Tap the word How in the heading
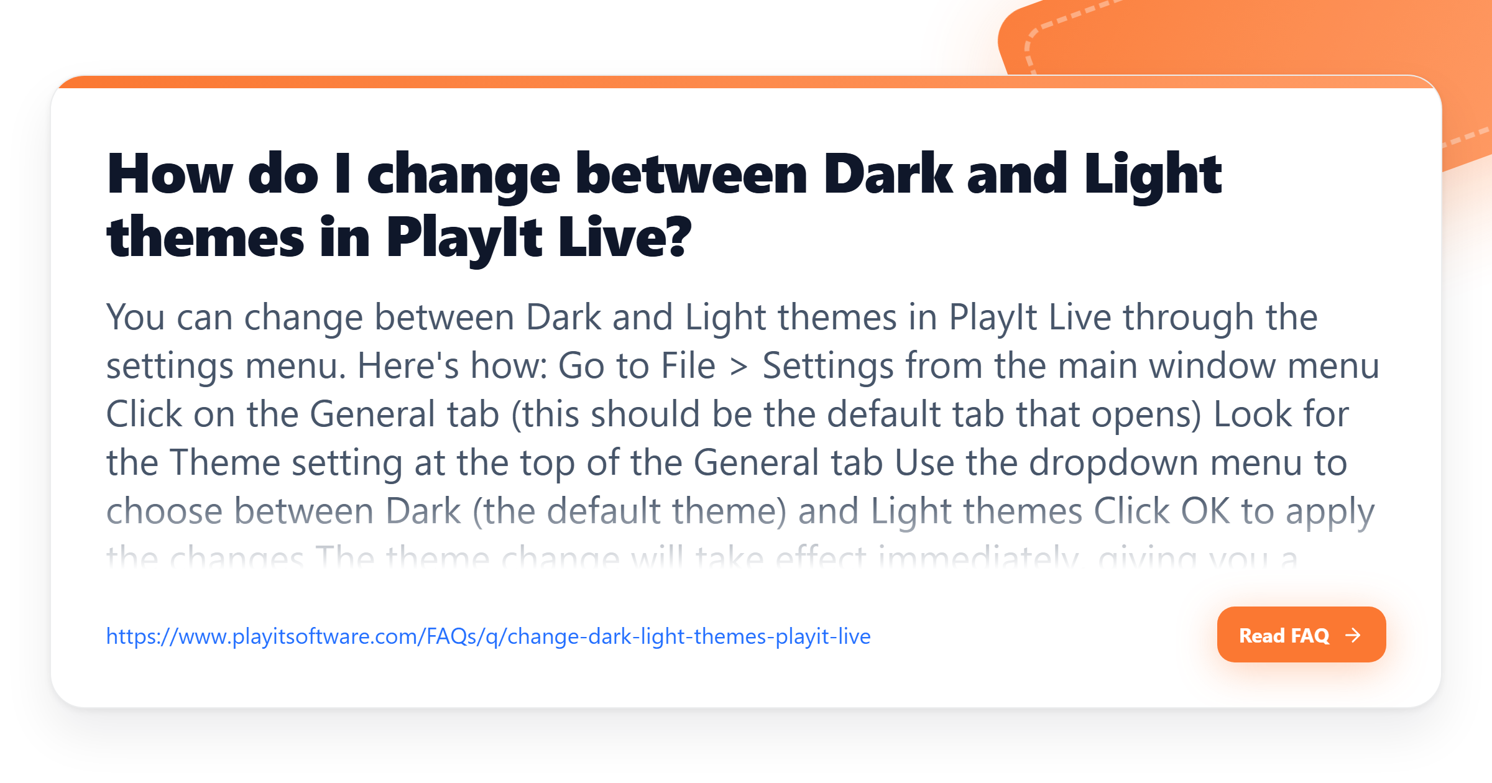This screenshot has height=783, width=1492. (x=170, y=175)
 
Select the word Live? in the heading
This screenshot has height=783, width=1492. (x=624, y=238)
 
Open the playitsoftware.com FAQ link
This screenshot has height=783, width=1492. (x=488, y=636)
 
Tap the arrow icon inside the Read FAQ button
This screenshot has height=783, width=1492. (x=1353, y=635)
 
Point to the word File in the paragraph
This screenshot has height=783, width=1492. (x=688, y=365)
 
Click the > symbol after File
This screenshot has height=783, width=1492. (x=739, y=367)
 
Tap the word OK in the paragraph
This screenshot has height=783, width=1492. (x=1205, y=511)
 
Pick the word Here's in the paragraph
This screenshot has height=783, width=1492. (x=408, y=365)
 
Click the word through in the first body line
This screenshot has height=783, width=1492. (x=1188, y=318)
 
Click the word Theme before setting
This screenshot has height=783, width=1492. (x=225, y=463)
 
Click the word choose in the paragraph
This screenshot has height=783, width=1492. (x=164, y=511)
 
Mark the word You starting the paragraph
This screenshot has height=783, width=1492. (x=136, y=318)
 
